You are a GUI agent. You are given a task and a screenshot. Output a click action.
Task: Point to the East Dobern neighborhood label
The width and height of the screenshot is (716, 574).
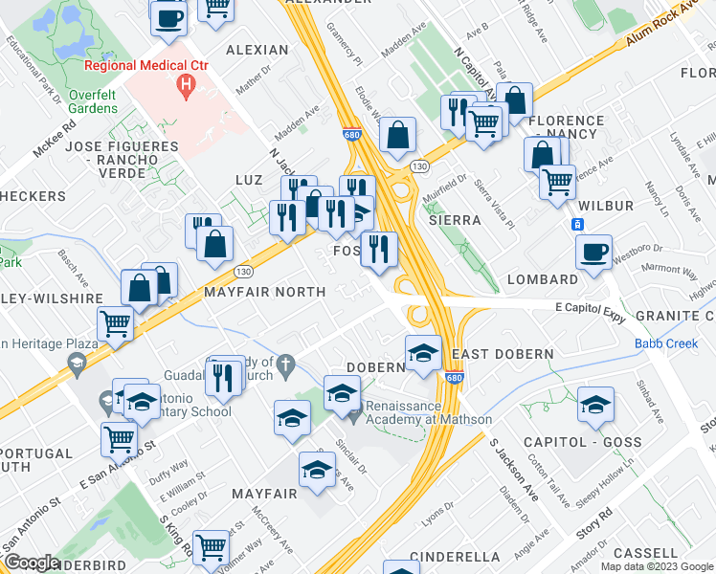[503, 354]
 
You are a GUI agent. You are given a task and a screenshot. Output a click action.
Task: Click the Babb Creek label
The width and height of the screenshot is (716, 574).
[660, 344]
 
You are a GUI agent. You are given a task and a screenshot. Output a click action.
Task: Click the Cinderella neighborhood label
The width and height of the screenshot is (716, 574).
[455, 556]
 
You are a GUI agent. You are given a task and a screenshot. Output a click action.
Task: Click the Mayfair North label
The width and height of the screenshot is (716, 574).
[265, 291]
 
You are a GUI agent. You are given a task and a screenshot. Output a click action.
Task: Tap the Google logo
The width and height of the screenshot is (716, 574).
[32, 563]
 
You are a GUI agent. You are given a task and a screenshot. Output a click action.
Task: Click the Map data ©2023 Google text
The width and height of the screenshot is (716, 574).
[656, 566]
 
